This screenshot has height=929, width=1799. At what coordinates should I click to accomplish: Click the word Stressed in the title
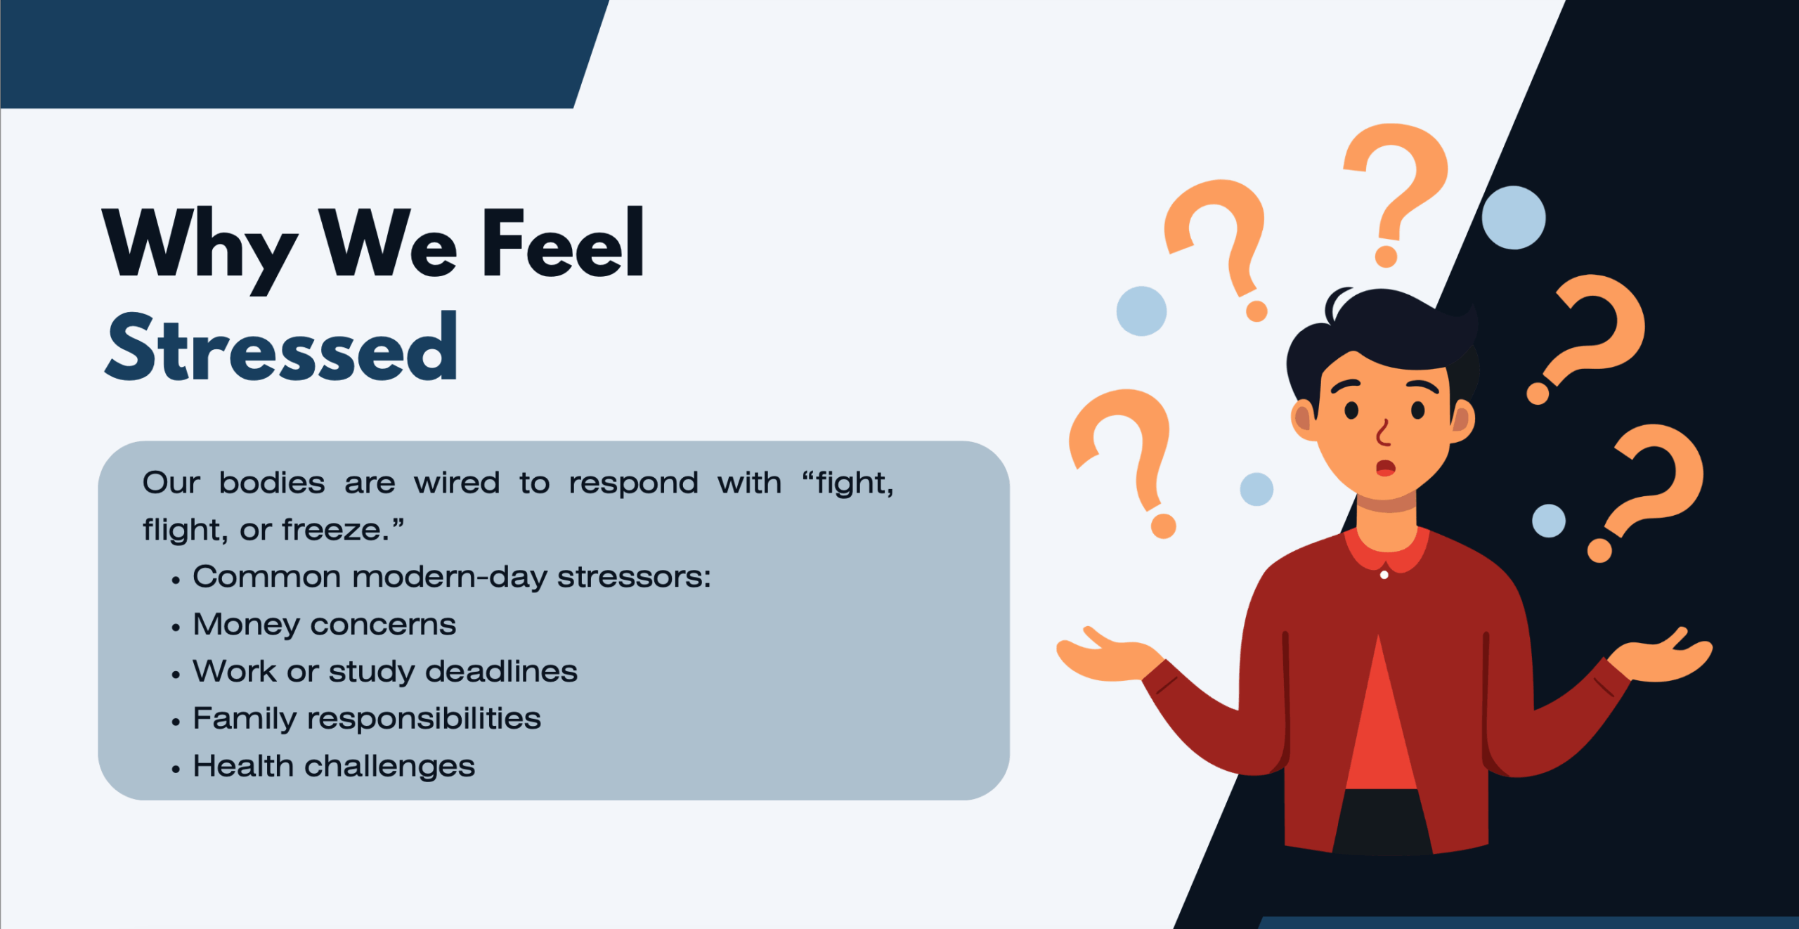(x=281, y=346)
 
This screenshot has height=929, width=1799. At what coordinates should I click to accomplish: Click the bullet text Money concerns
(x=325, y=625)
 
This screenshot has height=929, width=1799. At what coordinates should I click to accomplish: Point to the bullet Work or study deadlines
(x=385, y=672)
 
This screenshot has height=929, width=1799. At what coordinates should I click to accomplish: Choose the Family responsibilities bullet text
(x=367, y=719)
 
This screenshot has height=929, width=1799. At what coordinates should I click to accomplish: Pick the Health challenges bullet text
(x=335, y=766)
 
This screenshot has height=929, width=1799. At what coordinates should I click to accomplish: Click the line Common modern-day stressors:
(x=452, y=577)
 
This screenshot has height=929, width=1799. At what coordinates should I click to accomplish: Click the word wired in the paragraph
(x=457, y=483)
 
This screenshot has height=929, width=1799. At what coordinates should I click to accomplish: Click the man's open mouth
(x=1385, y=467)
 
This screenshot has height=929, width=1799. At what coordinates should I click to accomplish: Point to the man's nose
(x=1383, y=431)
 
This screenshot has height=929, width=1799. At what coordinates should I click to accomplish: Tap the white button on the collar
(x=1384, y=575)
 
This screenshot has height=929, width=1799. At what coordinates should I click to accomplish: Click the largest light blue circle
(x=1514, y=217)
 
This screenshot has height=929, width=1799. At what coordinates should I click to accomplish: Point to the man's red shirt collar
(x=1386, y=552)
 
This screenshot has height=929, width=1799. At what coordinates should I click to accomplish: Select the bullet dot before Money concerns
(x=176, y=628)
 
